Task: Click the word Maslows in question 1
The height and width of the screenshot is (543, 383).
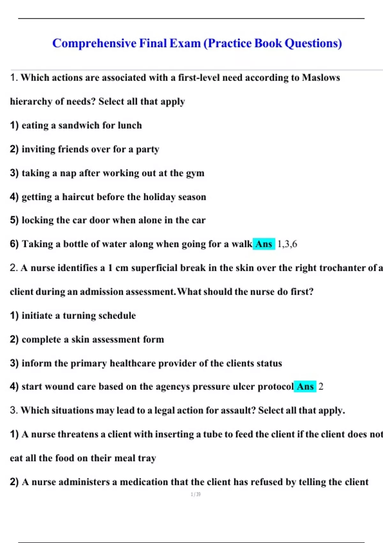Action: (x=321, y=78)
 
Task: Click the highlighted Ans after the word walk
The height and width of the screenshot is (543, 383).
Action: (x=264, y=244)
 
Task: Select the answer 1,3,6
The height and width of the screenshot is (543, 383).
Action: (x=287, y=244)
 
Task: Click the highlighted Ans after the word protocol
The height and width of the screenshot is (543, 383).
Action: (x=305, y=386)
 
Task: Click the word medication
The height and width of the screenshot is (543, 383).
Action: (x=144, y=482)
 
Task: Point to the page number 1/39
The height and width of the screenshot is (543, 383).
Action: (x=196, y=494)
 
